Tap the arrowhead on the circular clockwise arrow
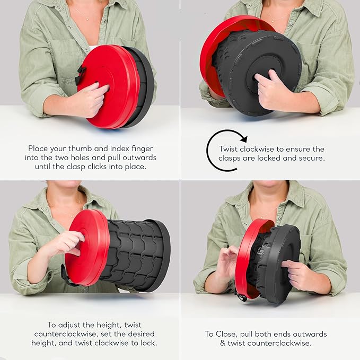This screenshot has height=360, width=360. coord(244,138)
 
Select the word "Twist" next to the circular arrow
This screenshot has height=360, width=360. coord(228,149)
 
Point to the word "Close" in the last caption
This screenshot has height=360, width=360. coord(225,334)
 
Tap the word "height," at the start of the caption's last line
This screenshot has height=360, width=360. coord(44,343)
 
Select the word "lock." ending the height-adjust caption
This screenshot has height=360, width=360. coord(149,343)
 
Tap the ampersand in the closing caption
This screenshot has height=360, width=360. coord(223,343)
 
